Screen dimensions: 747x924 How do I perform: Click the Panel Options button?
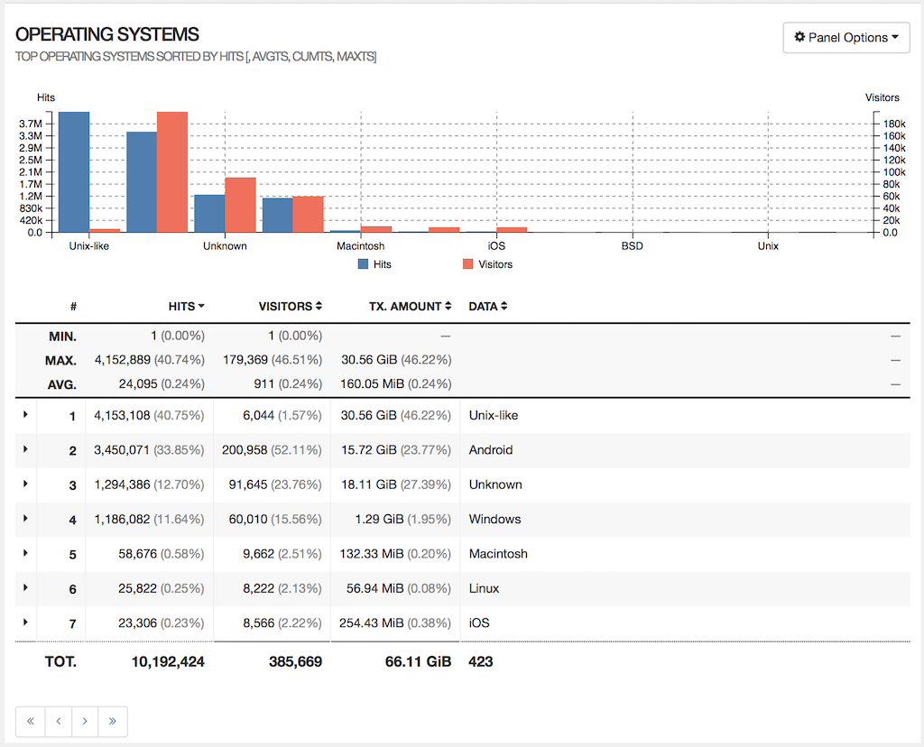[x=845, y=38]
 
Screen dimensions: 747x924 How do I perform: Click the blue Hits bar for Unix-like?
[x=74, y=171]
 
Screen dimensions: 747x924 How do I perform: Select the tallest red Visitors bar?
[x=171, y=171]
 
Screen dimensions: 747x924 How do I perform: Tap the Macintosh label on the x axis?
[x=360, y=246]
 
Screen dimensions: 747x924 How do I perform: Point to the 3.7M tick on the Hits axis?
[x=31, y=124]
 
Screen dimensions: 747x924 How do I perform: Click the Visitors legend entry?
[x=487, y=264]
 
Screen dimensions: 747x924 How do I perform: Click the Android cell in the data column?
[x=491, y=450]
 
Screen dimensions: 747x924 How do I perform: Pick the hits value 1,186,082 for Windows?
[x=125, y=520]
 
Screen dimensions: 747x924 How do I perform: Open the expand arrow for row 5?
[x=25, y=552]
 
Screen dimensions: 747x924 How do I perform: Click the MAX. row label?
[x=61, y=360]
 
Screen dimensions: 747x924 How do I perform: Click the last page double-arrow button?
[x=113, y=721]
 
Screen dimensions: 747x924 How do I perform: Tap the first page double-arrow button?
[x=30, y=721]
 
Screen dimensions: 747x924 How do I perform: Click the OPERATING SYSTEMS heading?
[x=107, y=35]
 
